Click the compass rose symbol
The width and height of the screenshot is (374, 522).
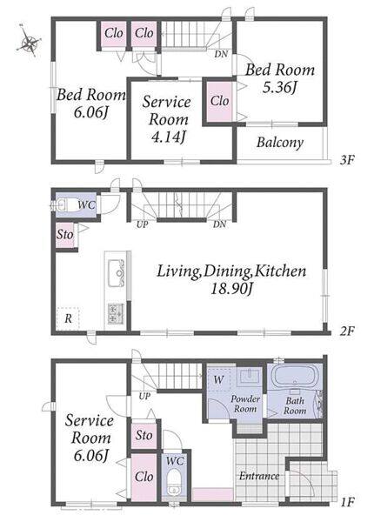tap(30, 42)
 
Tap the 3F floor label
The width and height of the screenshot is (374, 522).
tap(347, 160)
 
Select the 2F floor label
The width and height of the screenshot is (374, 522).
tap(347, 331)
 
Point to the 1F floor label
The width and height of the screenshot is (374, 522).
tap(348, 502)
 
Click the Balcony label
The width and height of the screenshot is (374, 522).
tap(280, 143)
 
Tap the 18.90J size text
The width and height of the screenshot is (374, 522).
tap(232, 289)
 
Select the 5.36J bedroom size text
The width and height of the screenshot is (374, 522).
tap(279, 87)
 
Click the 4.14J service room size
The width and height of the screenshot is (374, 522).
tap(168, 137)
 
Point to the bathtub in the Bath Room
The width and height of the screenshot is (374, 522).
tap(295, 378)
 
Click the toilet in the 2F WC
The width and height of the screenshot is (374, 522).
tap(64, 204)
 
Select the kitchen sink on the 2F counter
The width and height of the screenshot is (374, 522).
tap(117, 273)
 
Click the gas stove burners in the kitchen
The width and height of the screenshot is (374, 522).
tap(116, 314)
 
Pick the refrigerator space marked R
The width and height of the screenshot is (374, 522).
tap(68, 318)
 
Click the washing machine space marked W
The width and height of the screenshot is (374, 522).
tap(218, 379)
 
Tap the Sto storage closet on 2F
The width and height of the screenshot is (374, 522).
tap(65, 235)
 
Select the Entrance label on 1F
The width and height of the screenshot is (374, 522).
tap(259, 476)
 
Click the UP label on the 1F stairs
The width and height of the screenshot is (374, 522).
tap(144, 396)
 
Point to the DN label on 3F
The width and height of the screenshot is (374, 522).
tap(221, 54)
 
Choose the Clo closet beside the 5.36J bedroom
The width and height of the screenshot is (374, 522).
tap(219, 101)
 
